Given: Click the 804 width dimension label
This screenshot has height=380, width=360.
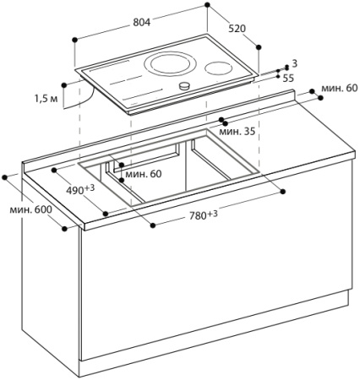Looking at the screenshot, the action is (x=142, y=23).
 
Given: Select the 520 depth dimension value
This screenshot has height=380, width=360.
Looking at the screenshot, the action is (x=237, y=29).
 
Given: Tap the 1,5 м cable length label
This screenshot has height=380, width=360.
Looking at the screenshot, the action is (x=46, y=99).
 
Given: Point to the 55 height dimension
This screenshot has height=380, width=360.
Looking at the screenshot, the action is (x=288, y=79).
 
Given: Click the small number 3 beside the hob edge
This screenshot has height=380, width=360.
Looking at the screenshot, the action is (x=295, y=64).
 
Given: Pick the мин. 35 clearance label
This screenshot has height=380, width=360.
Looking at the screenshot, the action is (x=237, y=131).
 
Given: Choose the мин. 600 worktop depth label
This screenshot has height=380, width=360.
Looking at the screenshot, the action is (x=30, y=209).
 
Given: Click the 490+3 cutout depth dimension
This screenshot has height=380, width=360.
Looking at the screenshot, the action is (x=80, y=190).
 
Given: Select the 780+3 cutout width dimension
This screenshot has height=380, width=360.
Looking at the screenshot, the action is (x=204, y=215).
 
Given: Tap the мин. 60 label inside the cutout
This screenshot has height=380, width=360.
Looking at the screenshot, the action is (x=144, y=174).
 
